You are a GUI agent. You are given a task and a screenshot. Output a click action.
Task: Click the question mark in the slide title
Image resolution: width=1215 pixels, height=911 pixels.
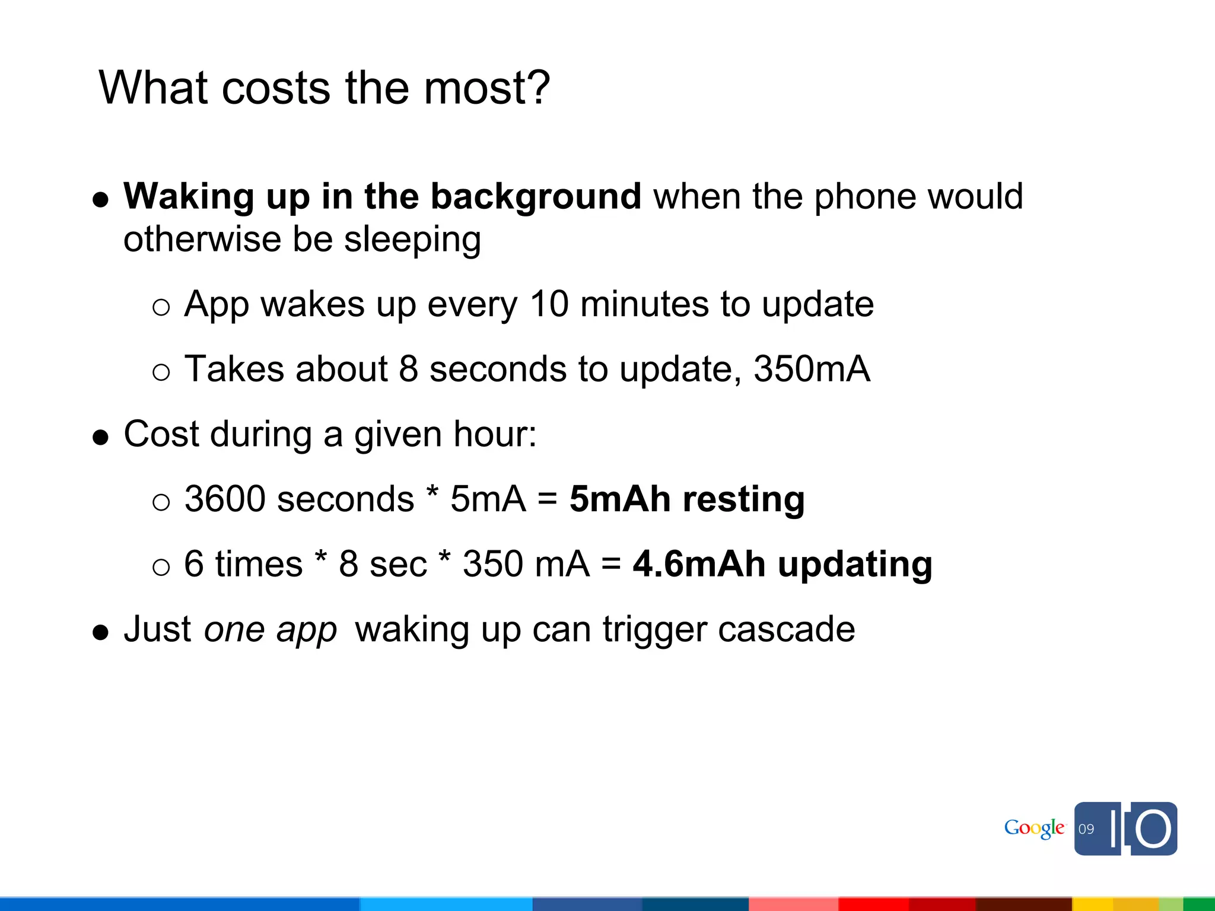(x=537, y=88)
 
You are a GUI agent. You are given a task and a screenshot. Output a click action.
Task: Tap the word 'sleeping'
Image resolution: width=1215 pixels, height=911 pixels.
(x=412, y=240)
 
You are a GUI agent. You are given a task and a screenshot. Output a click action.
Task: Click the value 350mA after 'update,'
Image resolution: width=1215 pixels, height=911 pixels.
(x=812, y=369)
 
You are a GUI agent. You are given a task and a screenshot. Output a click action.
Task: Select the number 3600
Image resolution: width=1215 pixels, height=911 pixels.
(x=225, y=499)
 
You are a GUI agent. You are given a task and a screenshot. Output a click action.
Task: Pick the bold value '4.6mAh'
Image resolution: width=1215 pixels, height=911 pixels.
(x=699, y=563)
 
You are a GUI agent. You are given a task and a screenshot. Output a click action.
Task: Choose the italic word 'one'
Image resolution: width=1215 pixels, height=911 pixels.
(x=234, y=630)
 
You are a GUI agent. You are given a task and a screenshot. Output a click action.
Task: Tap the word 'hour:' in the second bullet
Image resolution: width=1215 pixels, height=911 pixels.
(x=495, y=434)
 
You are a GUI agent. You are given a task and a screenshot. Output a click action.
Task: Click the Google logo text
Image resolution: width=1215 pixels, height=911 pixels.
(x=1034, y=829)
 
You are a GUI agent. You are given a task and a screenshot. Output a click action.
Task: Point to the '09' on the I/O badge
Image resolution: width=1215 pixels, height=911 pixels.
(x=1086, y=829)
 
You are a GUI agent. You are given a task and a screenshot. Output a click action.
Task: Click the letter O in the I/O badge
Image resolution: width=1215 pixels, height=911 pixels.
(x=1153, y=829)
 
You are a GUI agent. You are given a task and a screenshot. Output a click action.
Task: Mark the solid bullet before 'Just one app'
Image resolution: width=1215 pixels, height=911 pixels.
(x=101, y=632)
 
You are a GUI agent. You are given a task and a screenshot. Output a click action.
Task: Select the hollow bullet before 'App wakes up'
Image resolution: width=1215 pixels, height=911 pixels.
(x=161, y=307)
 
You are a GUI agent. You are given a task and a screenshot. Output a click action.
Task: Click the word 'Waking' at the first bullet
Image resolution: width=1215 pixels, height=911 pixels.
(x=189, y=197)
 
